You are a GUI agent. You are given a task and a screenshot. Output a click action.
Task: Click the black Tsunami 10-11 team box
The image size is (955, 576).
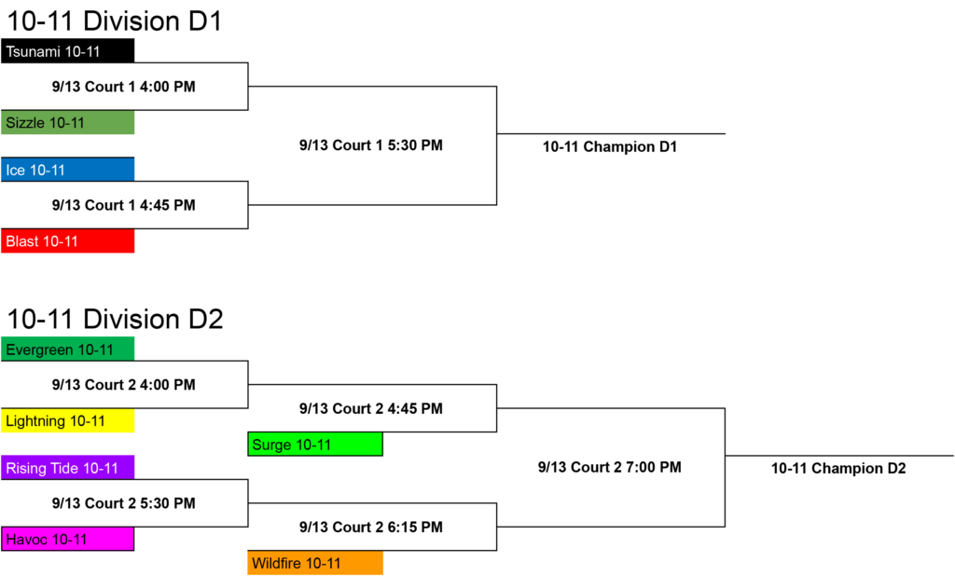coord(67,50)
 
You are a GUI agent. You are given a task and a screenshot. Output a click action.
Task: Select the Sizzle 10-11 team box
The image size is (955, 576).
coord(67,122)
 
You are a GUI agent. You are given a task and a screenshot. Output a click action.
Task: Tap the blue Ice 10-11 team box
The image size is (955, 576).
coord(67,170)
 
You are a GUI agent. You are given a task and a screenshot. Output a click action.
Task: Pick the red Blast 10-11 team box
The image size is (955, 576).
coord(67,241)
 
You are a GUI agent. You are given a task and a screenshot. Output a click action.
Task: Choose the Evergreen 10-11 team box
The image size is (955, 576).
coord(67,350)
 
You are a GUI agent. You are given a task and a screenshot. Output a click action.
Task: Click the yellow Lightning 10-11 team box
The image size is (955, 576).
coord(67,420)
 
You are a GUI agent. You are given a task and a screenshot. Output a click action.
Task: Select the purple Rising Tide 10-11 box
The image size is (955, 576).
coord(67,468)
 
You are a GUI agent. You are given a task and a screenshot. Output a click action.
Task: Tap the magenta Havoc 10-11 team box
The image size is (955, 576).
coord(67,539)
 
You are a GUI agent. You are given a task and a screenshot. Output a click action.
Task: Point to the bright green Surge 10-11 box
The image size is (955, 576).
coord(315,445)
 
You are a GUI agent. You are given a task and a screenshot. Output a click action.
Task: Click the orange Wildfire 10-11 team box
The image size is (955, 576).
coord(315,563)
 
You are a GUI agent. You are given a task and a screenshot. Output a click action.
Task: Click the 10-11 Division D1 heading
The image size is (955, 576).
coord(114,21)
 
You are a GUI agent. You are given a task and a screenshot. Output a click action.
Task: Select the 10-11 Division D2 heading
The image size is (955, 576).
coord(115,319)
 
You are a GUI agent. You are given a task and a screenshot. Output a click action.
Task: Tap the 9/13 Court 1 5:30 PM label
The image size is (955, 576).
coord(371,145)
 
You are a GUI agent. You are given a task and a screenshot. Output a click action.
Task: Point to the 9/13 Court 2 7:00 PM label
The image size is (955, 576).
coord(610,467)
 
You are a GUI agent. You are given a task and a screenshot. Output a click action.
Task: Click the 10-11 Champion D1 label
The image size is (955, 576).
coord(610,146)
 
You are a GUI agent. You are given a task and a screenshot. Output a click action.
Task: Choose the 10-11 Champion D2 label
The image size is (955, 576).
coord(838,468)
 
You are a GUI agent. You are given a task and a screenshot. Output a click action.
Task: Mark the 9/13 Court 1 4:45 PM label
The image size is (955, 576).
coord(124,205)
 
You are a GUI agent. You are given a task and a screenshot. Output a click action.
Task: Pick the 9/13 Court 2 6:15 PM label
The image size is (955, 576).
coord(371,528)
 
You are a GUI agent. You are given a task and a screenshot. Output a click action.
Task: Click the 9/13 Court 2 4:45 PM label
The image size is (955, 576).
coord(371,408)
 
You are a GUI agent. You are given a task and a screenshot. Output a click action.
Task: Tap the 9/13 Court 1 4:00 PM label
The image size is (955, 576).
coord(124,87)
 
